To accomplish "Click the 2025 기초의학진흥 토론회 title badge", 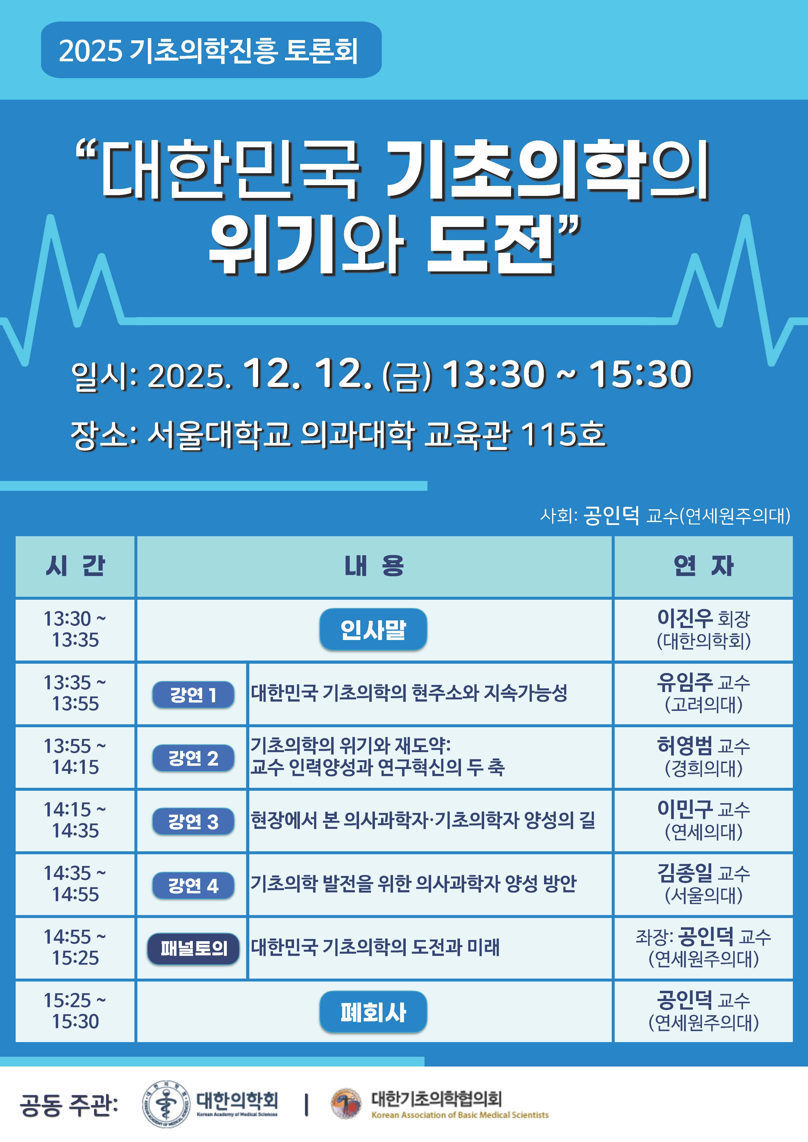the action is point(211,50).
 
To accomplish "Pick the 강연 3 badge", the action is point(193,822).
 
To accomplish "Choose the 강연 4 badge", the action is point(193,885).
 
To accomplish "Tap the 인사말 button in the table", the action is point(373,629).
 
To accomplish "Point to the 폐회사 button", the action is point(373,1012).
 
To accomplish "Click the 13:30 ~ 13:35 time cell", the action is point(75,630).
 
